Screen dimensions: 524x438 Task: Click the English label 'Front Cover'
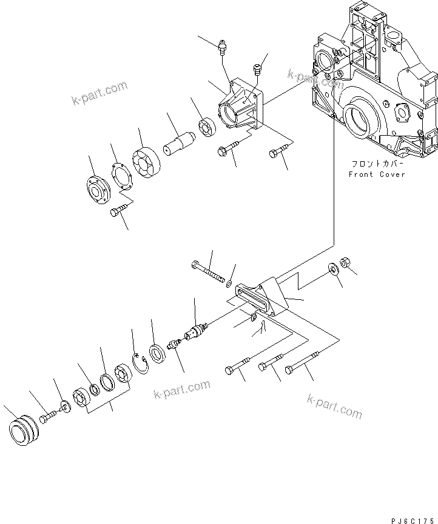[x=376, y=174]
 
